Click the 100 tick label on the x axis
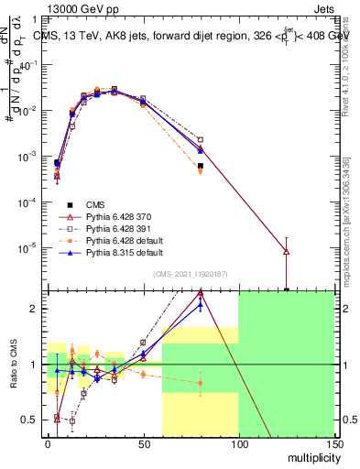[238, 444]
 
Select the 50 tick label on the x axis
[143, 444]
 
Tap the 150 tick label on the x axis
[333, 444]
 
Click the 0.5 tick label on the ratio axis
[29, 420]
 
